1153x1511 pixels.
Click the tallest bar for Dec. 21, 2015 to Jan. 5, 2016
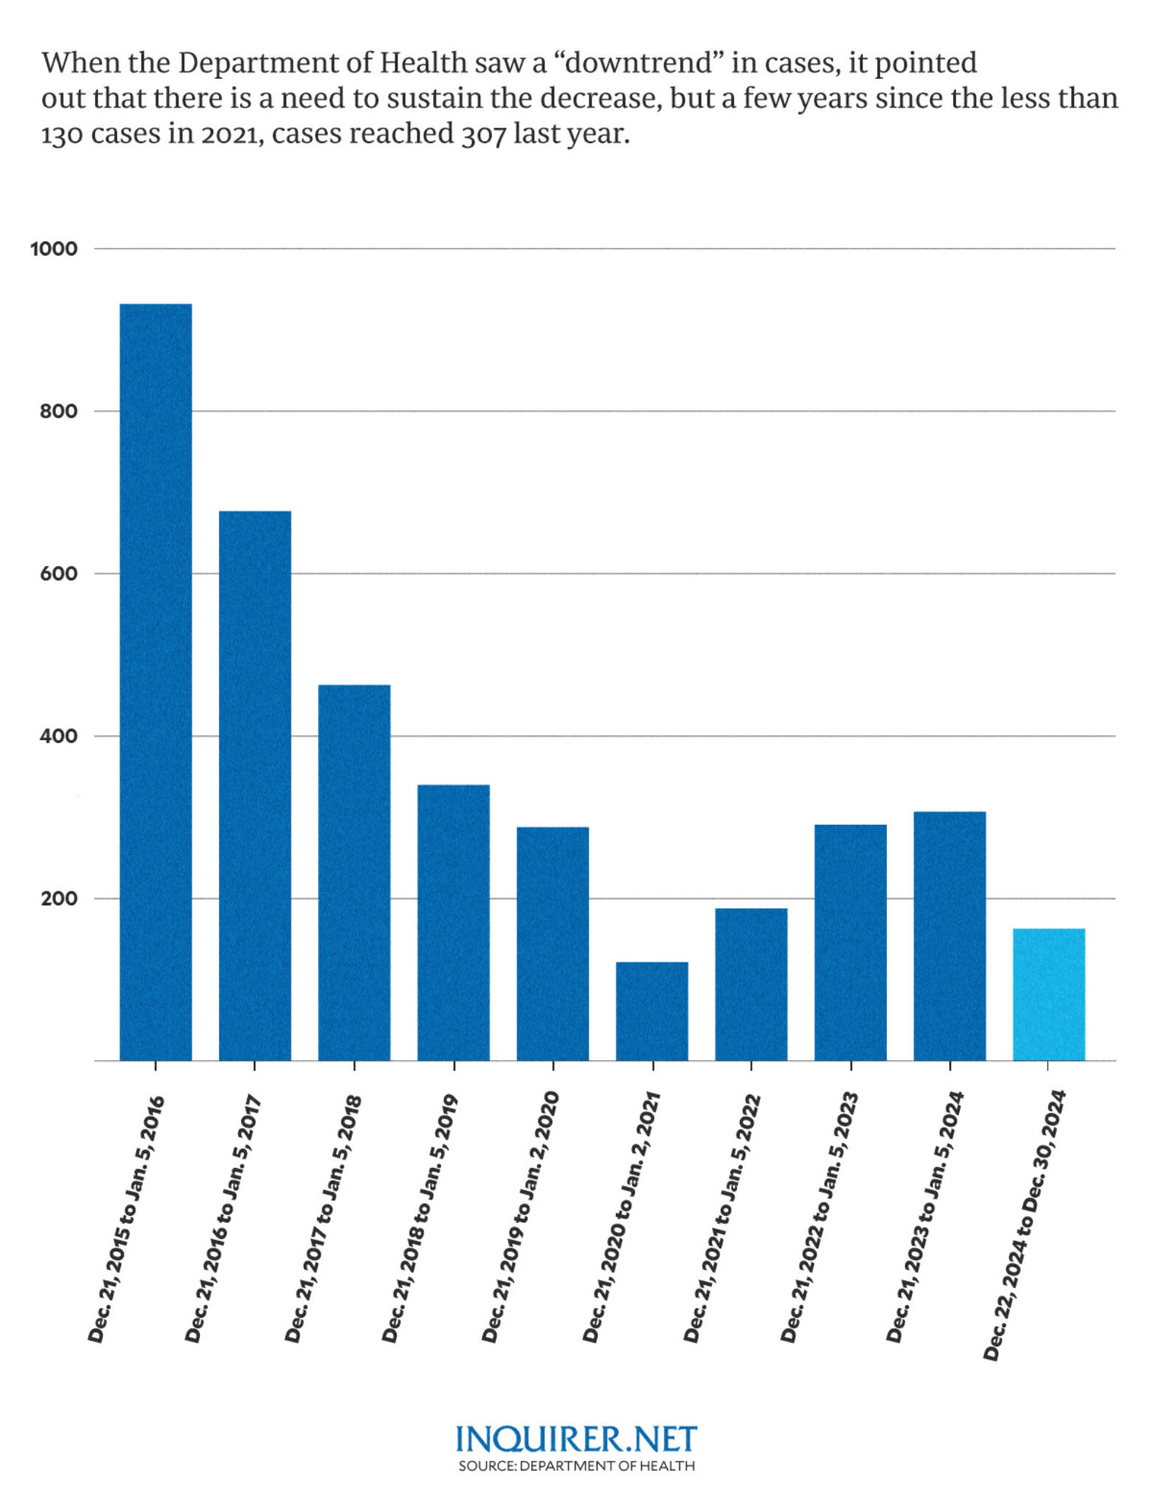point(156,682)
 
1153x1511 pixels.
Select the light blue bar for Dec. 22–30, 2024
point(1048,994)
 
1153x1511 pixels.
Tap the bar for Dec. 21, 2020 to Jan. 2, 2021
point(652,1011)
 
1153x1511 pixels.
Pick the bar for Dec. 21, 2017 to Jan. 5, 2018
point(354,872)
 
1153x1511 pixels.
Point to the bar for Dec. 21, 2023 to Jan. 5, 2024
point(949,936)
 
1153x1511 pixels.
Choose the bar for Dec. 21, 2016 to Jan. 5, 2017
point(255,785)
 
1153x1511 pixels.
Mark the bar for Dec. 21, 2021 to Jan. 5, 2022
point(751,984)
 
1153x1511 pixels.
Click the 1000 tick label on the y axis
point(54,249)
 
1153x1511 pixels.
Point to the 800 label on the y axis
point(58,411)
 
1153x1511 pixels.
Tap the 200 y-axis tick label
point(58,899)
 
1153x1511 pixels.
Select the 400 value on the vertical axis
point(58,736)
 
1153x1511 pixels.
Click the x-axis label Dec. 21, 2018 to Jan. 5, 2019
point(420,1217)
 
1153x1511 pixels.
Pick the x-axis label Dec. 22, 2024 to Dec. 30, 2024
point(1025,1225)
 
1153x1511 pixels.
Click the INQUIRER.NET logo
point(576,1439)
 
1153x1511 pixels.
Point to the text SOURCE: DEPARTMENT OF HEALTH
point(576,1465)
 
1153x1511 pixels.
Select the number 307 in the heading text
point(483,135)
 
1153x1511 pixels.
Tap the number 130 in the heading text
point(62,135)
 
